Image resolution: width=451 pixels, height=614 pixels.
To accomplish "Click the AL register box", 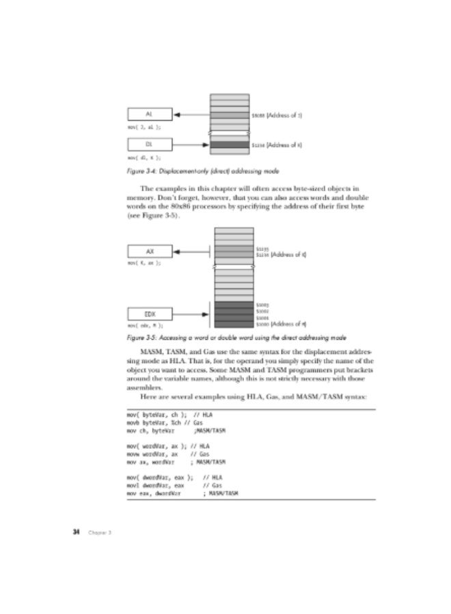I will (x=149, y=114).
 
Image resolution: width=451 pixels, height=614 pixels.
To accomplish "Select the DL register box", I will (x=149, y=145).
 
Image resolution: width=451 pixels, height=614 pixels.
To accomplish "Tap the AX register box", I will (x=149, y=251).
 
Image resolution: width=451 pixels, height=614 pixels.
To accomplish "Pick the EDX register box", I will (x=149, y=314).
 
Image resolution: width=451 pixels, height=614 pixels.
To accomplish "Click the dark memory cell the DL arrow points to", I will (x=230, y=145).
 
